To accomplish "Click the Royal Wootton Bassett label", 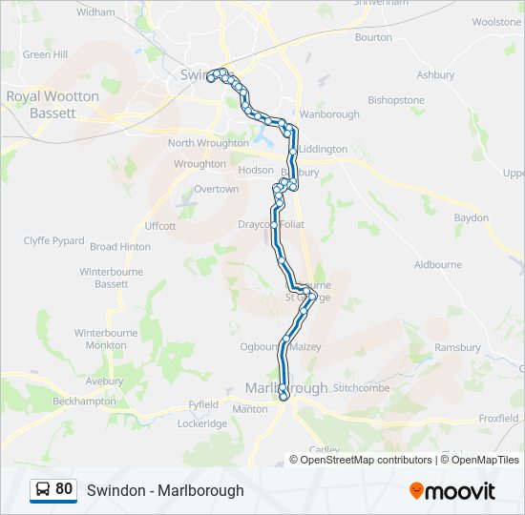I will pos(52,104).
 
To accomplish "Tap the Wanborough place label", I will pos(328,114).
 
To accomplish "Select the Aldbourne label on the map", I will pos(437,264).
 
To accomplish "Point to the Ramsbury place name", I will pos(457,348).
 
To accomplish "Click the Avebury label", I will pos(104,381).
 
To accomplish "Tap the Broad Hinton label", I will pos(120,246).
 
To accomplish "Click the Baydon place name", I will pos(472,218).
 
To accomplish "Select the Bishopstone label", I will pos(396,99).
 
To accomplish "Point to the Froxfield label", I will pos(498,418).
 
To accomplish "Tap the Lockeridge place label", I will pos(201,423).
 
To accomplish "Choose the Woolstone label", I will pos(496,48).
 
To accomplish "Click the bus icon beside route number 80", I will pos(43,490).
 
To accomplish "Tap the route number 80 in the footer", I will pos(64,489).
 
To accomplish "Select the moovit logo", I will pos(452,491).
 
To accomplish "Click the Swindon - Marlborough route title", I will pos(165,490).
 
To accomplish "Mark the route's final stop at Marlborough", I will pos(283,394).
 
